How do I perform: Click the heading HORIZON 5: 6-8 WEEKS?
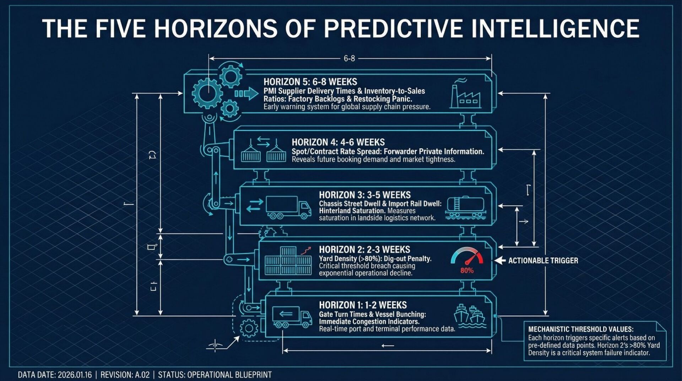tap(310, 82)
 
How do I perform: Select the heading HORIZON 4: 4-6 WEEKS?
tap(338, 143)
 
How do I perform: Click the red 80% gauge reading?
tap(467, 270)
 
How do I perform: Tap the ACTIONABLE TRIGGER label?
tap(543, 261)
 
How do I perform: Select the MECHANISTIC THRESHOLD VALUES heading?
tap(581, 329)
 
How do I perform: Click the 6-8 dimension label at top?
tap(349, 59)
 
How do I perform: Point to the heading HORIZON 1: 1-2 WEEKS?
tap(363, 305)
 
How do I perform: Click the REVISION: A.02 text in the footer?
tap(125, 375)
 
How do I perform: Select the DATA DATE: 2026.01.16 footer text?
tap(55, 375)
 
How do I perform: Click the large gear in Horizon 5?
tap(207, 93)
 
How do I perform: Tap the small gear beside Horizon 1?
tap(249, 328)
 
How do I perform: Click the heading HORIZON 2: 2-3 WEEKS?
tap(364, 250)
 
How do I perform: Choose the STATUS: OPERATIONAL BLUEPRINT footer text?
tap(215, 375)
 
